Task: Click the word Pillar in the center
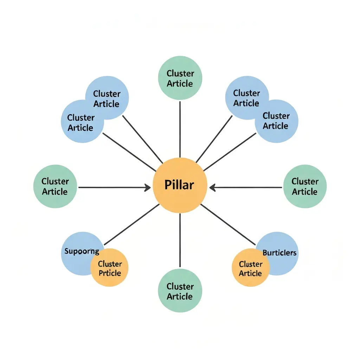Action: pyautogui.click(x=179, y=185)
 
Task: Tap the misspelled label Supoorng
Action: pyautogui.click(x=82, y=252)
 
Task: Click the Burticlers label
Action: pyautogui.click(x=279, y=253)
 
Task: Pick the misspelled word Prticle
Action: pyautogui.click(x=110, y=273)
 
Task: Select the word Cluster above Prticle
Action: pyautogui.click(x=110, y=264)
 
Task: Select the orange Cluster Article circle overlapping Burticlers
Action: pyautogui.click(x=250, y=268)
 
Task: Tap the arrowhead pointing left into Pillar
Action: pyautogui.click(x=212, y=187)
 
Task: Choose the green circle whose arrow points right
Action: pyautogui.click(x=55, y=186)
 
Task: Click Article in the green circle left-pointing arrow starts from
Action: pyautogui.click(x=304, y=192)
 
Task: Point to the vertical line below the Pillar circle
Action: pyautogui.click(x=180, y=239)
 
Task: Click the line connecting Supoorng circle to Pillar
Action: pyautogui.click(x=132, y=225)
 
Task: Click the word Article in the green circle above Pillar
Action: pyautogui.click(x=180, y=84)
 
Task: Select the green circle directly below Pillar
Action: pyautogui.click(x=180, y=291)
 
